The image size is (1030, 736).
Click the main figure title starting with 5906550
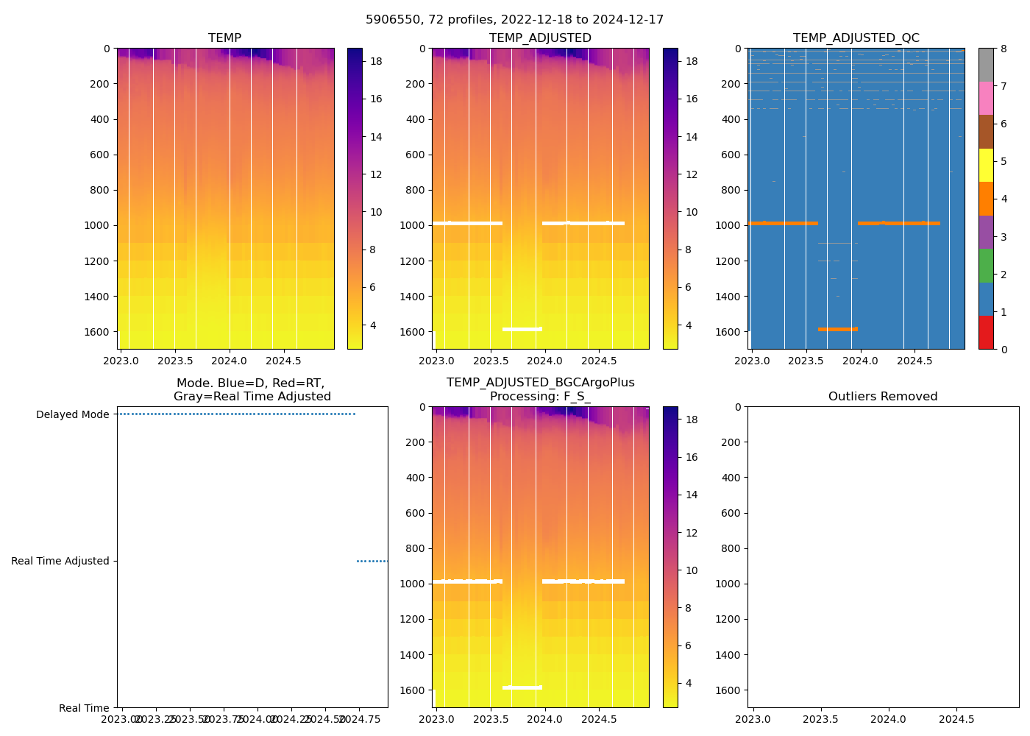(514, 20)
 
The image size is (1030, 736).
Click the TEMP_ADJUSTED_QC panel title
(856, 38)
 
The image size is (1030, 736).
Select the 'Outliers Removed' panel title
(882, 397)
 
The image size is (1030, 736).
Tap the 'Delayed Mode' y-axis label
(72, 414)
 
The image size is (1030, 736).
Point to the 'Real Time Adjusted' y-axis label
(60, 561)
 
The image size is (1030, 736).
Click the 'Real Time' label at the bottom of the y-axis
(84, 708)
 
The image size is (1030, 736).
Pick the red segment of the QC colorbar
(985, 332)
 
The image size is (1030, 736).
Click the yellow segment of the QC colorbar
(985, 165)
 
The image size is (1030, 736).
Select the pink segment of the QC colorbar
(985, 98)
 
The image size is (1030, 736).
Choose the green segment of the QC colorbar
(985, 265)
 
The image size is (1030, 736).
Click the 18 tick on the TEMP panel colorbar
(375, 62)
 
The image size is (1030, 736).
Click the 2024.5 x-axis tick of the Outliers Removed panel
(957, 718)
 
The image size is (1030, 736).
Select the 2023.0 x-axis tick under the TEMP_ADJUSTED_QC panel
(752, 361)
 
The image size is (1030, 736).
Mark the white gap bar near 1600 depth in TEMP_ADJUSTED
(522, 329)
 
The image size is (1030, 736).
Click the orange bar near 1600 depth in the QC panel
(837, 329)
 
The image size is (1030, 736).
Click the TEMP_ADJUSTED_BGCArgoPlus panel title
(540, 389)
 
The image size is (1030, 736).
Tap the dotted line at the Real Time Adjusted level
(372, 561)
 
